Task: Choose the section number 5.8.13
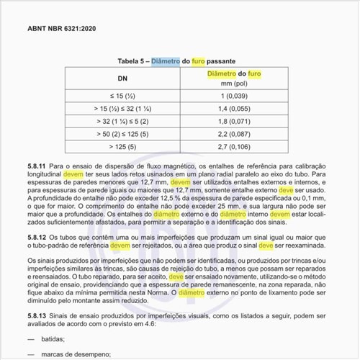(x=37, y=314)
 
